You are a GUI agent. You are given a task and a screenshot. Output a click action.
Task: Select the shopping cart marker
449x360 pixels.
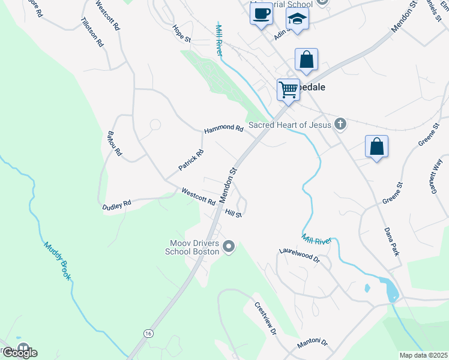pyautogui.click(x=288, y=90)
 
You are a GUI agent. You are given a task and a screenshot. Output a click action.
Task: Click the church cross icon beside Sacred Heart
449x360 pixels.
pyautogui.click(x=340, y=124)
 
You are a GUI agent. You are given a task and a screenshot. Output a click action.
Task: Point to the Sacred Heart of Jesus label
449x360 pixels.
pyautogui.click(x=290, y=125)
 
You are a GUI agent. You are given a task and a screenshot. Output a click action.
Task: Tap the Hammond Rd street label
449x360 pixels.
pyautogui.click(x=223, y=128)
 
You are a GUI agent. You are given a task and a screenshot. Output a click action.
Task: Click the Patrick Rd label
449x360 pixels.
pyautogui.click(x=191, y=160)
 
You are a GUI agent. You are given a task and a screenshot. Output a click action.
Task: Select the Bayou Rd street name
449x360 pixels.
pyautogui.click(x=114, y=144)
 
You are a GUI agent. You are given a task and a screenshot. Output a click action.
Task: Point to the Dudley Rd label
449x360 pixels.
pyautogui.click(x=116, y=205)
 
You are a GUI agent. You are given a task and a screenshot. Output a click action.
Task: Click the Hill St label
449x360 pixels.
pyautogui.click(x=233, y=213)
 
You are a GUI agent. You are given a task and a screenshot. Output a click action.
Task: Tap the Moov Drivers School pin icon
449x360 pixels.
pyautogui.click(x=228, y=246)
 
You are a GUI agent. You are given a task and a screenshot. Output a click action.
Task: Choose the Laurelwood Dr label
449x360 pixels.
pyautogui.click(x=300, y=257)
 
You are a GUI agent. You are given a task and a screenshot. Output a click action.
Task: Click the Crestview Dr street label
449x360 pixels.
pyautogui.click(x=265, y=319)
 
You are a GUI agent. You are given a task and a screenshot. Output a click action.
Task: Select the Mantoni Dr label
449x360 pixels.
pyautogui.click(x=312, y=344)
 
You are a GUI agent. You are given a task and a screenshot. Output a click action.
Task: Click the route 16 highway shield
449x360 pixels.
pyautogui.click(x=147, y=332)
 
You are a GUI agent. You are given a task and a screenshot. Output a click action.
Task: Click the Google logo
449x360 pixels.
pyautogui.click(x=19, y=353)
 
